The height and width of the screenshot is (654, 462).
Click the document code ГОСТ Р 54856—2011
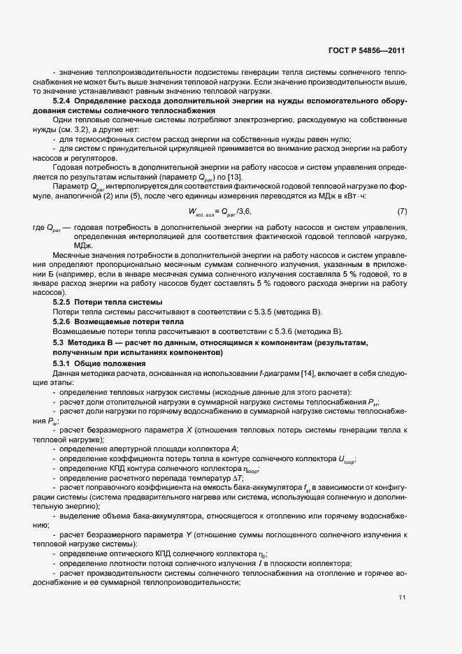point(368,51)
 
